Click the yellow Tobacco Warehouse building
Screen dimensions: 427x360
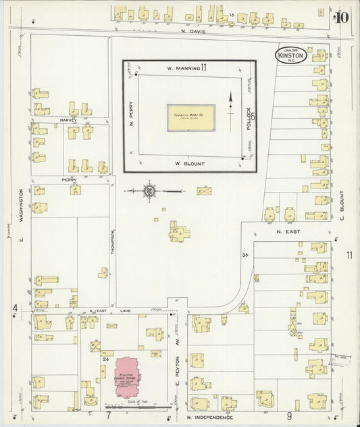(190, 118)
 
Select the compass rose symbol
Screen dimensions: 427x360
(149, 191)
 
